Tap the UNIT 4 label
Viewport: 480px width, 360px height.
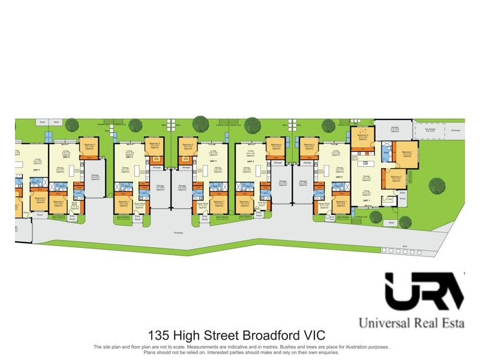pos(213,161)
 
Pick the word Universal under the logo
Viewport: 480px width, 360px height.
pos(385,323)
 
